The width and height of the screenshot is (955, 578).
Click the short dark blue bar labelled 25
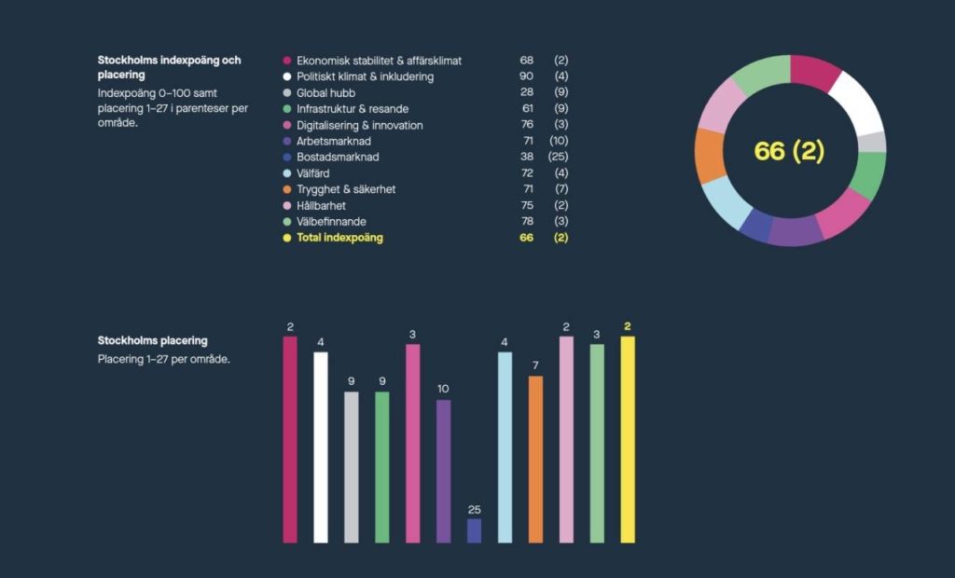coord(474,530)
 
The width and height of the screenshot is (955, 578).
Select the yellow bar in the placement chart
coord(628,439)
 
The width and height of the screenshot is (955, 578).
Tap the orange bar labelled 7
coord(535,459)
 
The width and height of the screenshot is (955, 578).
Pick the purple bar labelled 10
coord(443,471)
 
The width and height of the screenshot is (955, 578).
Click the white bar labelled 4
coord(321,447)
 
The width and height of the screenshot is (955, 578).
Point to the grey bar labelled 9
coord(351,467)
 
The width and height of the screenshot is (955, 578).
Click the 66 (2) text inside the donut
coord(789,151)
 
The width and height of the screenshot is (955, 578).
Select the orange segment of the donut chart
coord(710,155)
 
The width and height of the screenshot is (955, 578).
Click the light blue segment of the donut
coord(726,203)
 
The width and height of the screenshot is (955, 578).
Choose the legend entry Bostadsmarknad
coord(338,158)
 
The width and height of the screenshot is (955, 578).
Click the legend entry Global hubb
coord(325,93)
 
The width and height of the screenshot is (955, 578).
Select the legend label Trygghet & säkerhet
coord(346,189)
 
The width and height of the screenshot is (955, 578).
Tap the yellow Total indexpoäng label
coord(339,238)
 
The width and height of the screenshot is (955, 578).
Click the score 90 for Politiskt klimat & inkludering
coord(527,76)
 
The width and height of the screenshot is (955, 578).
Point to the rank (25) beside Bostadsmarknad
coord(560,158)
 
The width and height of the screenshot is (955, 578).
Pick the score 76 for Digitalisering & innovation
coord(527,125)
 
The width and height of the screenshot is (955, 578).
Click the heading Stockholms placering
coord(152,340)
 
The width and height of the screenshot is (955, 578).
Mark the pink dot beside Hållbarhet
coord(287,205)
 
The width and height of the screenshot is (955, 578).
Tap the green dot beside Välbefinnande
coord(287,222)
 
